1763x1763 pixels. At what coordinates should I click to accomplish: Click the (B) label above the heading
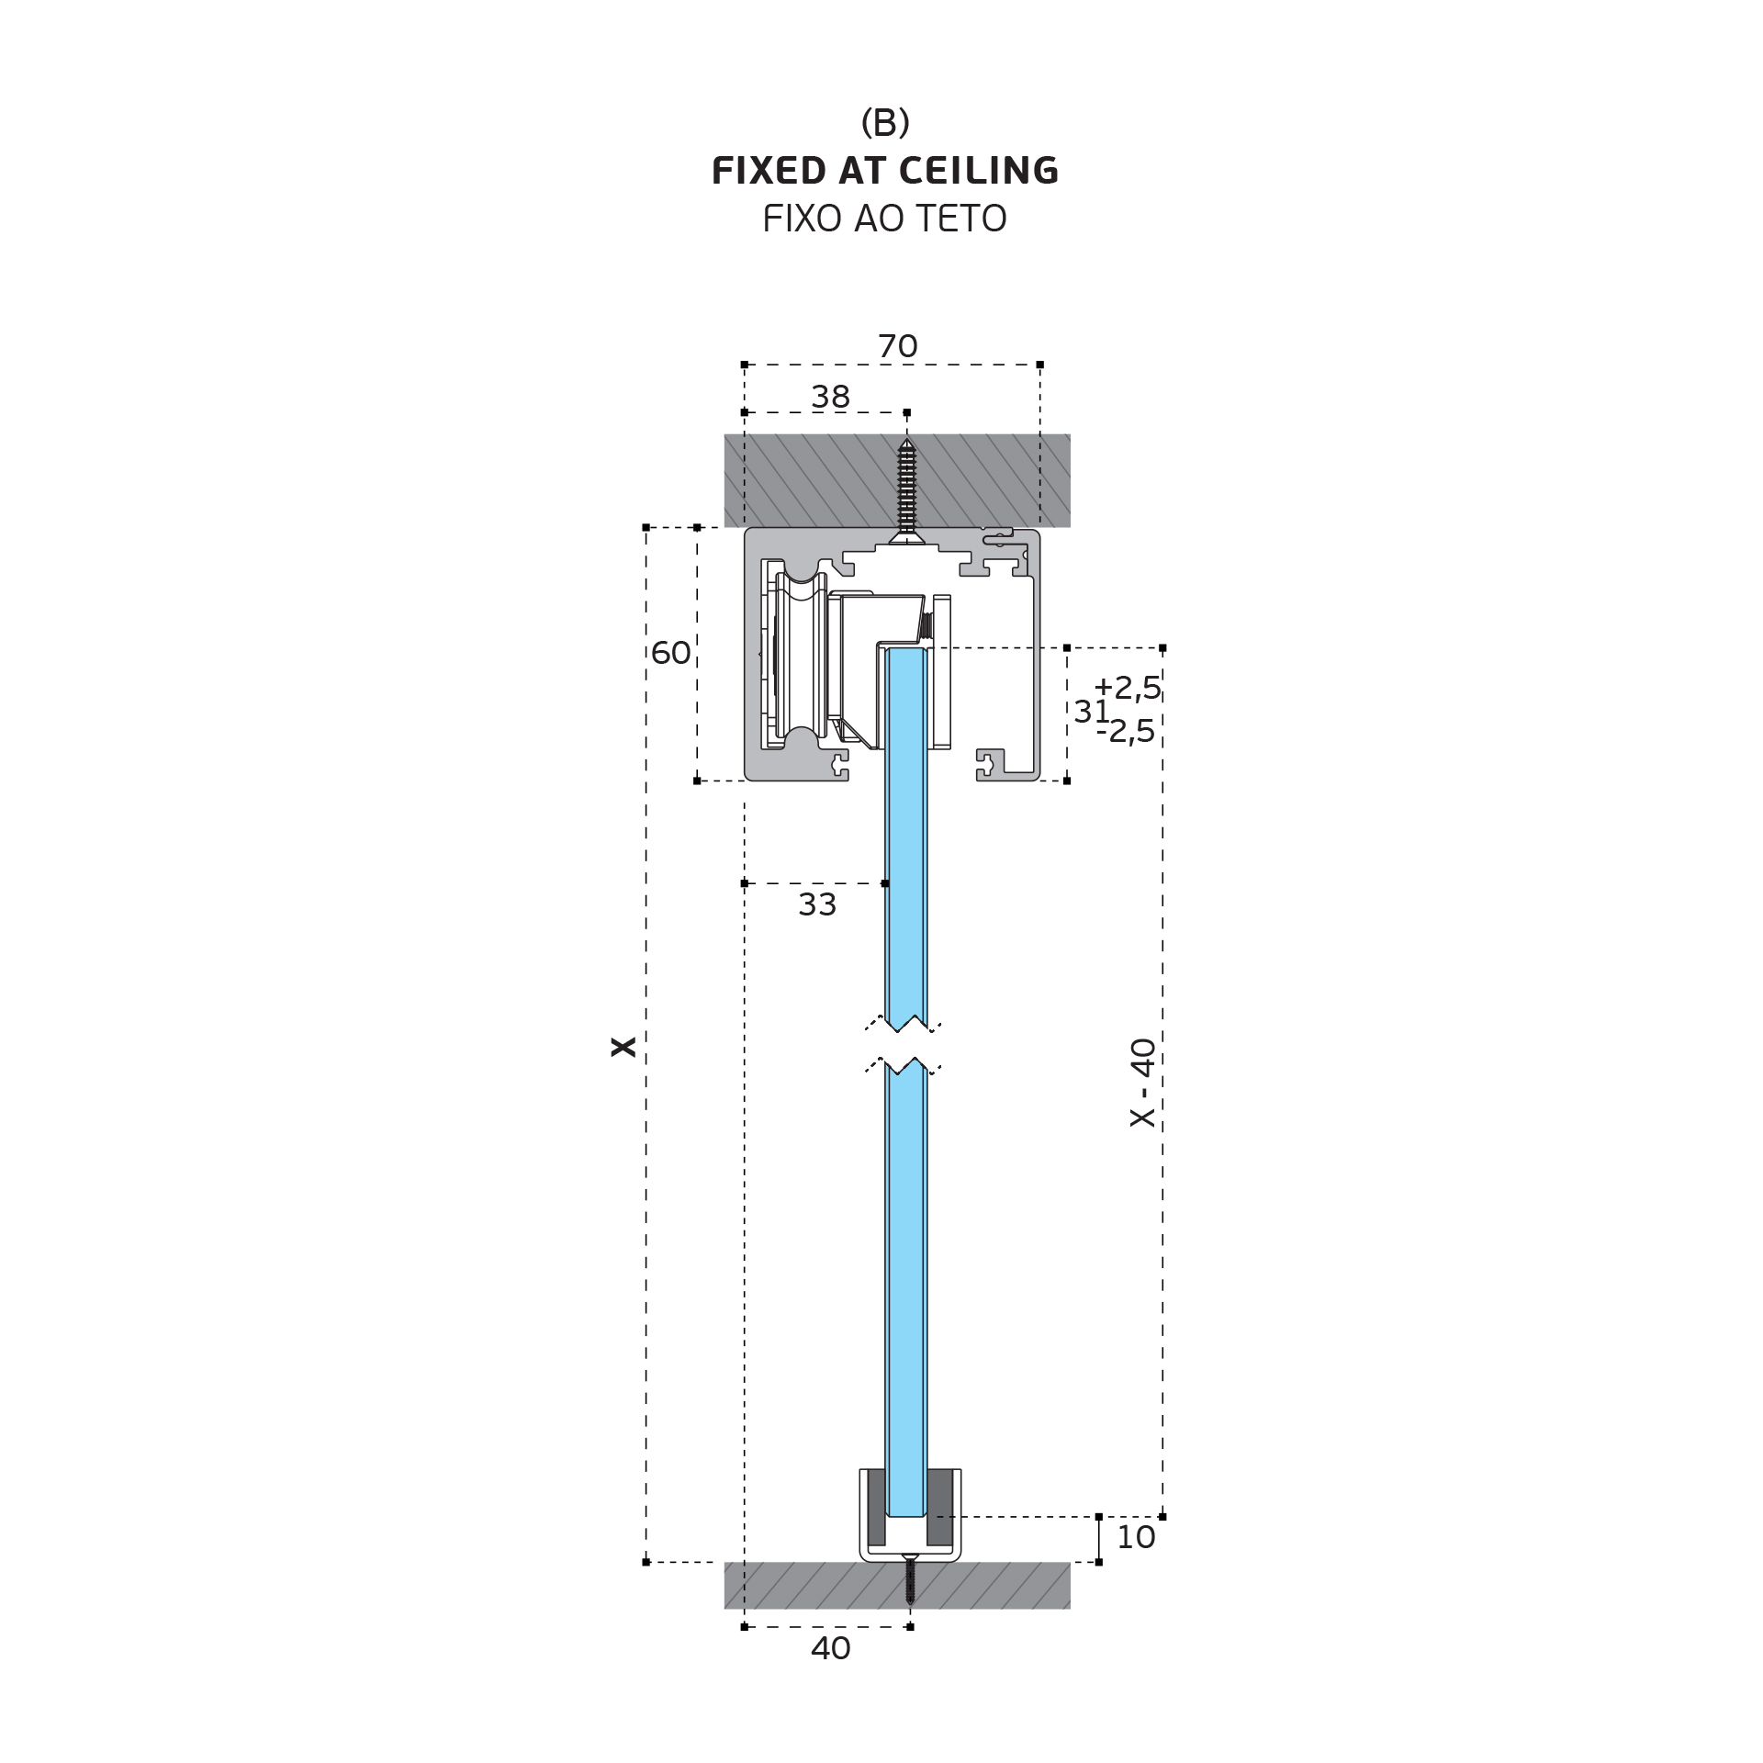coord(885,122)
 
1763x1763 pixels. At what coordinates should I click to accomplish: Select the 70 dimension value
coord(897,346)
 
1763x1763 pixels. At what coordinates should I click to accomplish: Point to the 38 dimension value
coord(830,397)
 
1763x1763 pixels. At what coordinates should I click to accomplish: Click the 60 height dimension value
coord(670,653)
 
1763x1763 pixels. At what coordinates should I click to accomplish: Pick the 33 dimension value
coord(817,904)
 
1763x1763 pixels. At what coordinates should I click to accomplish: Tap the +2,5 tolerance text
coord(1128,687)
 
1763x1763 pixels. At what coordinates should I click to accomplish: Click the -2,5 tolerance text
coord(1126,731)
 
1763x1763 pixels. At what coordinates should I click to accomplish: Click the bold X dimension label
coord(623,1047)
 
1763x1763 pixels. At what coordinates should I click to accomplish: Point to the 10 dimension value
coord(1136,1537)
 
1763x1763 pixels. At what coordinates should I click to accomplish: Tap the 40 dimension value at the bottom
coord(830,1648)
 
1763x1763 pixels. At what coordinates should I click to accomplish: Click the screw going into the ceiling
coord(906,491)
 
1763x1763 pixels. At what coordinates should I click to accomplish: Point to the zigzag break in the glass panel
coord(904,1044)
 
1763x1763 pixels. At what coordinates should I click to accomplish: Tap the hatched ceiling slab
coord(897,480)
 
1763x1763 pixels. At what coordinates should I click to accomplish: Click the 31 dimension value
coord(1092,711)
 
